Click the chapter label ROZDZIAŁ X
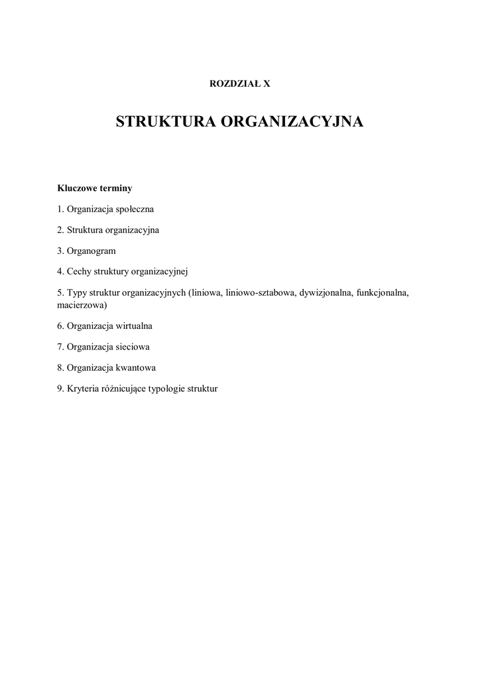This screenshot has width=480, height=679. coord(240,84)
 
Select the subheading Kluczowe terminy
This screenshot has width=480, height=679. coord(95,188)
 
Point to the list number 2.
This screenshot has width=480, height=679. coord(60,230)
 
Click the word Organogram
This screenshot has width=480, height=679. coord(91,251)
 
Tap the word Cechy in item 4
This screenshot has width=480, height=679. coord(78,271)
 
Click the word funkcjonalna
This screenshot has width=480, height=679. coord(382,292)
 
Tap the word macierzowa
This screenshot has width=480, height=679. coord(82,306)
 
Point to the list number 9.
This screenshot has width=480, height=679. coord(60,389)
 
